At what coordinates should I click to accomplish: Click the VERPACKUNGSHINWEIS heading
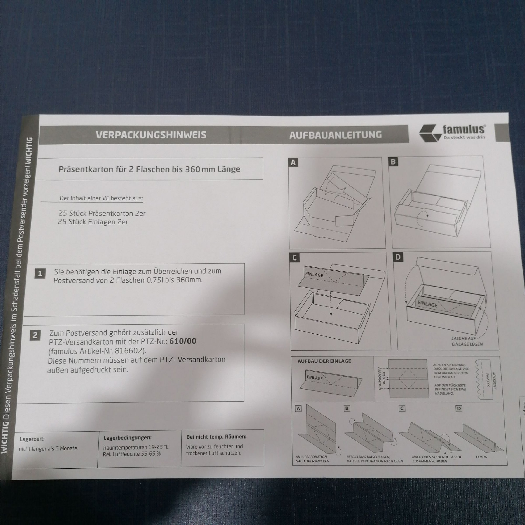(x=151, y=135)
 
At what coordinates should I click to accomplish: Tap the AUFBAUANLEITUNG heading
(x=335, y=135)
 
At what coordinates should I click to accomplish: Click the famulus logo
(x=452, y=133)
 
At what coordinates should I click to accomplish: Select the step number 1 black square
(x=40, y=274)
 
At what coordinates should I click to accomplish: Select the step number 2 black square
(x=35, y=335)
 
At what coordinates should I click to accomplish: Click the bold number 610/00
(x=183, y=341)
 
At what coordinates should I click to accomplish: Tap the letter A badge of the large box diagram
(x=293, y=163)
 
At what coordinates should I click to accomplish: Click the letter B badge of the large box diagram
(x=393, y=162)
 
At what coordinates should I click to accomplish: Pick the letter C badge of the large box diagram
(x=295, y=258)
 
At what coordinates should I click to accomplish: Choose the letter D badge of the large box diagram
(x=398, y=257)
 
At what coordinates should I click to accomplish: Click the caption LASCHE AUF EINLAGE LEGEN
(x=467, y=341)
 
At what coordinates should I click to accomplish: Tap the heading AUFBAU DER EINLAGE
(x=324, y=361)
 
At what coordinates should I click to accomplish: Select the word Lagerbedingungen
(x=128, y=438)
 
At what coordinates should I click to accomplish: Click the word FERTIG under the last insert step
(x=481, y=457)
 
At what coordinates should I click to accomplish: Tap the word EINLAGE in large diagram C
(x=314, y=275)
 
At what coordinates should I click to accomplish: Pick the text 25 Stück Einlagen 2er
(x=93, y=222)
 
